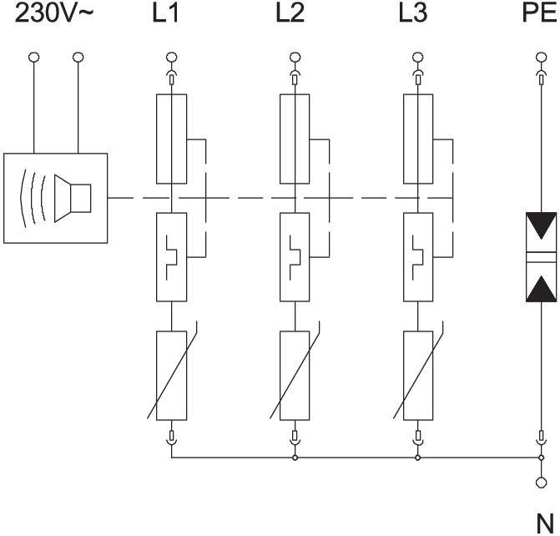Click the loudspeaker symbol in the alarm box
coord(71,199)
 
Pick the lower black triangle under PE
coord(541,286)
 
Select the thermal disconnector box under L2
coord(294,256)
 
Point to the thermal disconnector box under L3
coord(417,256)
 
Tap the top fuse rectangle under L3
coord(417,139)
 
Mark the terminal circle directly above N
coord(541,482)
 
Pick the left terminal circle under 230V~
coord(34,58)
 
